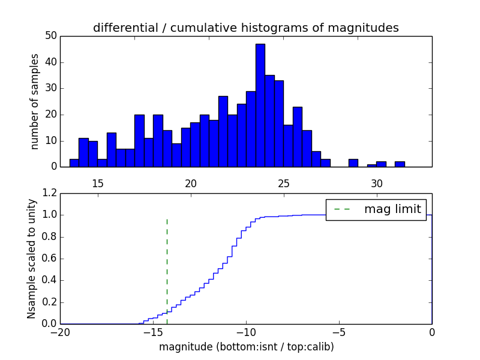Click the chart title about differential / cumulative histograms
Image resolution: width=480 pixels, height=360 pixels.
coord(245,28)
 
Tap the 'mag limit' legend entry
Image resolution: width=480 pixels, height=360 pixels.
coord(376,209)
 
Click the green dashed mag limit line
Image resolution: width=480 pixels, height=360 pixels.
coord(167,270)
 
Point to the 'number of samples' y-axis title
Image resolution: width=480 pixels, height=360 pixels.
coord(35,101)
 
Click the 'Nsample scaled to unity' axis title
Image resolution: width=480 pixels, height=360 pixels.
coord(31,259)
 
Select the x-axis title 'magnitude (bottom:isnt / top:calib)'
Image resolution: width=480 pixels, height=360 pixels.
coord(246,347)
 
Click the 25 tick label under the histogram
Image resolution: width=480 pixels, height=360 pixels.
coord(283,183)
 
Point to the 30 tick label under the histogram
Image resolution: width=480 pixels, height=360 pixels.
coord(376,183)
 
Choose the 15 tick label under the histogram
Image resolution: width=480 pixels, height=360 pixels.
coord(97,183)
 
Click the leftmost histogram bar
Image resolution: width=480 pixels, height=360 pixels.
coord(74,163)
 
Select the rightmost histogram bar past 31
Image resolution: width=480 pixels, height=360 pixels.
coord(400,164)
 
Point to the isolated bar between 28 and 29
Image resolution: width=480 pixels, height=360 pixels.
coord(353,163)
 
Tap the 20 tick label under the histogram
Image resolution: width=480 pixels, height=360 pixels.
coord(190,183)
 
